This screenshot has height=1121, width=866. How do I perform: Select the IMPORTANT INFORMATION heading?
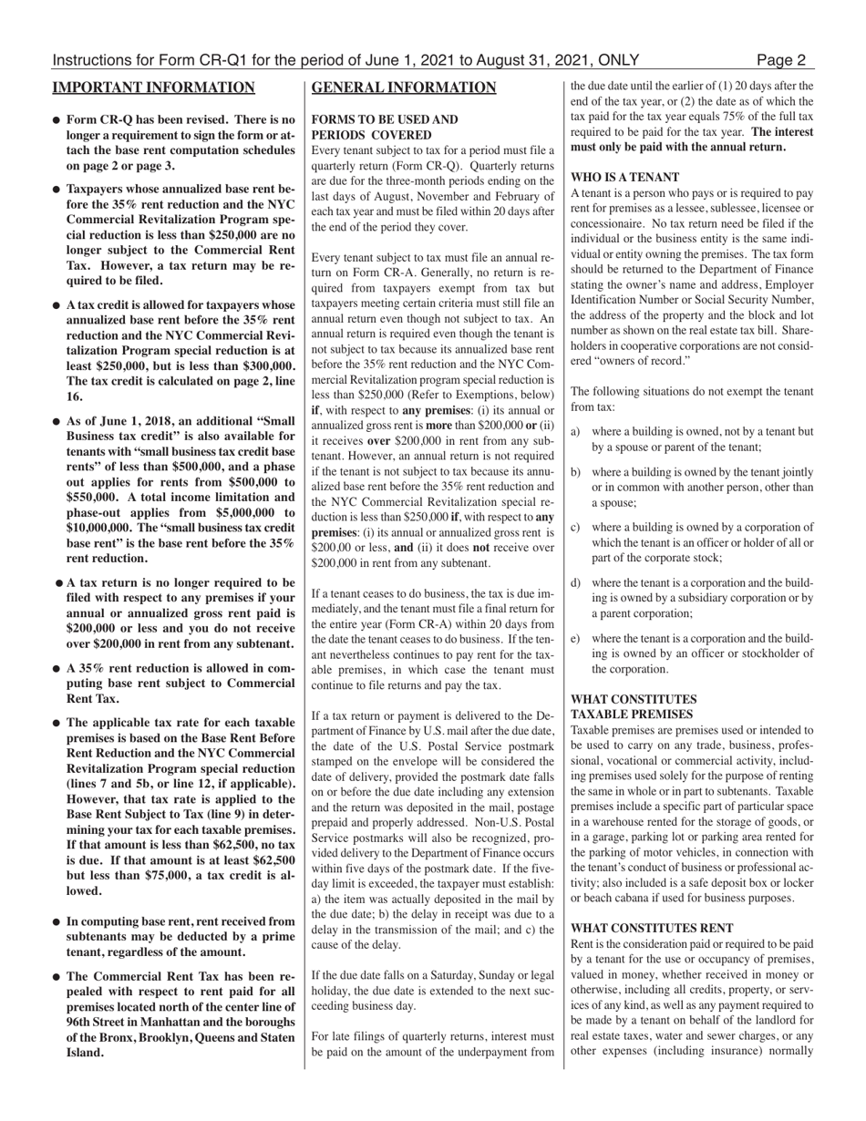click(153, 87)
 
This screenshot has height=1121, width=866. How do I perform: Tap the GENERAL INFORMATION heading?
click(404, 87)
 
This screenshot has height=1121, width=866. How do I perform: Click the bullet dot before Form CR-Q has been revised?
click(57, 120)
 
